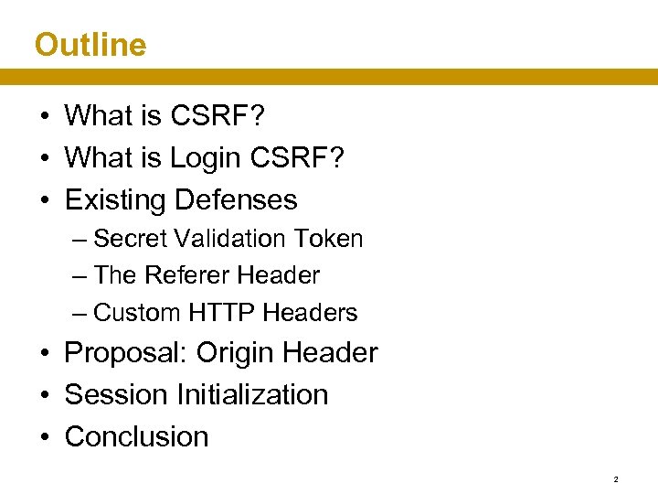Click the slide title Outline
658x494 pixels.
click(90, 44)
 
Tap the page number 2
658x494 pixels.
click(616, 479)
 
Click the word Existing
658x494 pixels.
click(115, 199)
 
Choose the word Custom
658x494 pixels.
click(137, 313)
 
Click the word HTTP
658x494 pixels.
click(221, 313)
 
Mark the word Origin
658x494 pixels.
click(235, 352)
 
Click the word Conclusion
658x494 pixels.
click(136, 436)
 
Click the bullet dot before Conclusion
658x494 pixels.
click(44, 437)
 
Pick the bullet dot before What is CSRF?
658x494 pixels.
click(44, 116)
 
